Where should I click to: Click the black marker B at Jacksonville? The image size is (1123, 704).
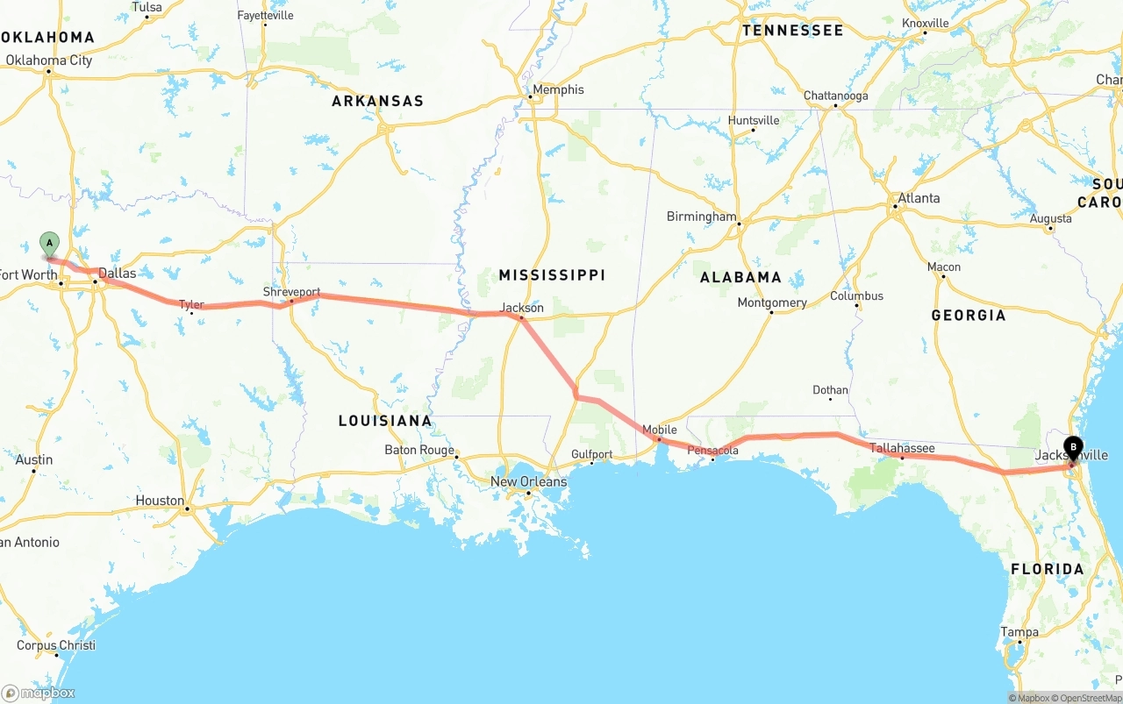coord(1073,447)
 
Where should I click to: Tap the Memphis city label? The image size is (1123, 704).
coord(558,89)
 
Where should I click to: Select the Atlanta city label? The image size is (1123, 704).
coord(919,198)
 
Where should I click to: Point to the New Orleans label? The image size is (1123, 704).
coord(528,481)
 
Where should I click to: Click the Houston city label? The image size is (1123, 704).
coord(160,501)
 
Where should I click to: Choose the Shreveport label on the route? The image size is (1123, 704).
coord(291,292)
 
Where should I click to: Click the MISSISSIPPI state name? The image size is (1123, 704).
coord(552,275)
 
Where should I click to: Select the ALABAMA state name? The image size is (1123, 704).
coord(740,277)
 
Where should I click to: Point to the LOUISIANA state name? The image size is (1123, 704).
coord(385,421)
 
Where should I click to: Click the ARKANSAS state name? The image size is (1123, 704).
coord(377,101)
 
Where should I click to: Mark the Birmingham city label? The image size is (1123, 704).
coord(701,217)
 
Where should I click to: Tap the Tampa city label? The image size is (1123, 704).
coord(1019,632)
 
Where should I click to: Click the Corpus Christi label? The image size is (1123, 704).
coord(56,645)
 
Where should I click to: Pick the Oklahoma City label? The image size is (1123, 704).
coord(49,60)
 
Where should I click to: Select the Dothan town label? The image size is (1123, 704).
coord(830,390)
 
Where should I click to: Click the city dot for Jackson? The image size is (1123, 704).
coord(521,318)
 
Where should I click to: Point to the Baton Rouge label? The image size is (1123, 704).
coord(419,450)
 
